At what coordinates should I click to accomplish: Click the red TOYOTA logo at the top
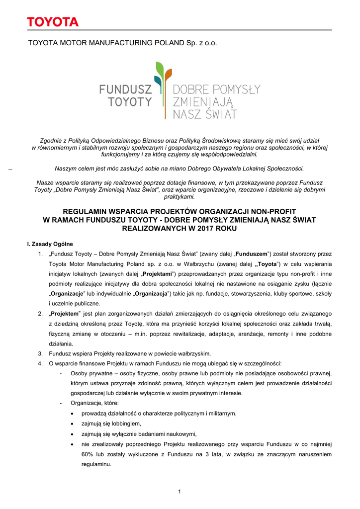tap(53, 22)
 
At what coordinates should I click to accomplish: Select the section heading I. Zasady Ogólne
tap(50, 244)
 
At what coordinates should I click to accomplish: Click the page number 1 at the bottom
tap(180, 492)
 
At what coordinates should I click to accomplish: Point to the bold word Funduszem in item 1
tap(254, 254)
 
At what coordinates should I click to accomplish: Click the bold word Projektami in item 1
tap(158, 274)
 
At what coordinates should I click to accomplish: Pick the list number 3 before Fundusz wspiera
tap(40, 354)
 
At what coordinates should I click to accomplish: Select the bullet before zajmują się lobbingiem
tap(74, 424)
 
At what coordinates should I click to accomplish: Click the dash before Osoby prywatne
tap(60, 373)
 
